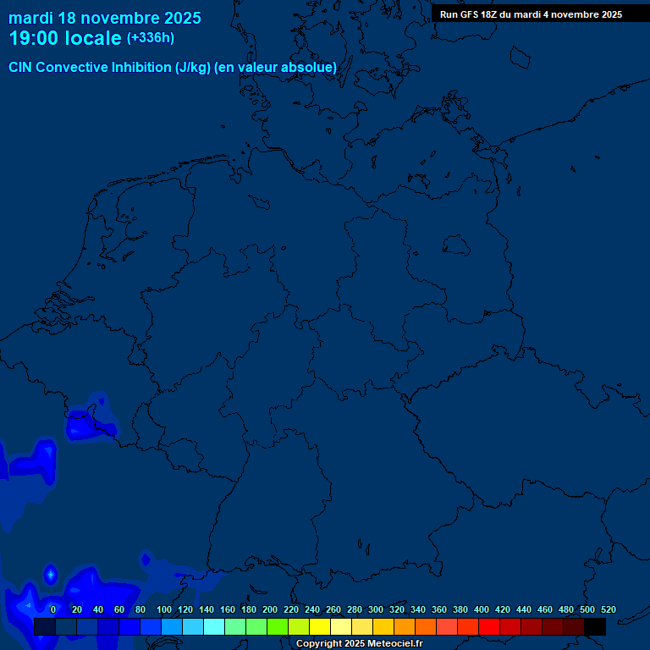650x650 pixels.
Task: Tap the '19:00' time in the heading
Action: coord(34,38)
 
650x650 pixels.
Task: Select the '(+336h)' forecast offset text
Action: coord(151,38)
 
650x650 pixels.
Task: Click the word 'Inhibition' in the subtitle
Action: coord(140,67)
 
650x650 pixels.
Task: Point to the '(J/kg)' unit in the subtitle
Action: coord(192,67)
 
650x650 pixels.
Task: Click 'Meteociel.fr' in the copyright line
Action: coord(389,644)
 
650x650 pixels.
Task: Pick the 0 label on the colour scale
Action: coord(53,609)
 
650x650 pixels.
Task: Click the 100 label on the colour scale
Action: coord(164,609)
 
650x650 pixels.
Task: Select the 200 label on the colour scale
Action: coord(270,609)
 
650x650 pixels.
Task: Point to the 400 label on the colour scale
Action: coord(482,609)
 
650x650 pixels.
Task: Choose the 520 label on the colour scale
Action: coord(608,609)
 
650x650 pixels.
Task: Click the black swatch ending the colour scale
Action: coord(595,626)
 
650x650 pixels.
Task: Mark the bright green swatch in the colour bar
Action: coord(278,626)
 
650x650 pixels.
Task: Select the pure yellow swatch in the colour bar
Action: coord(320,626)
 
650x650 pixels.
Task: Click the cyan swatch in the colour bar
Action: coord(214,626)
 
